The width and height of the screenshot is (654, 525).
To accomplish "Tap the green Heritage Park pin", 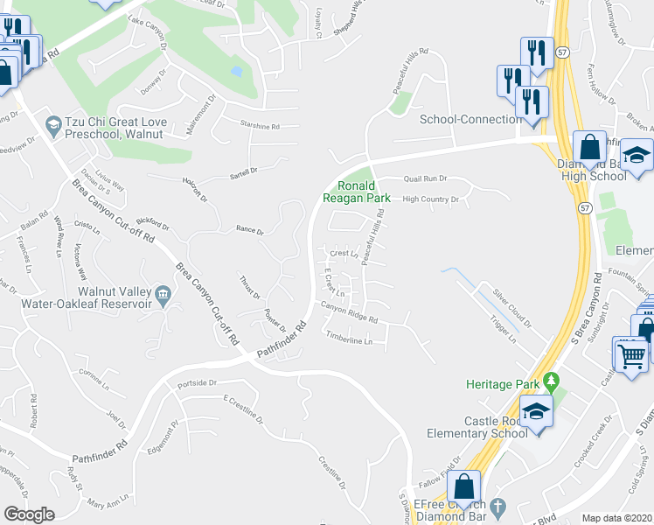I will pyautogui.click(x=550, y=381).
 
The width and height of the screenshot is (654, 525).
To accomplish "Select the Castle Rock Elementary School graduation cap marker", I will pyautogui.click(x=535, y=411).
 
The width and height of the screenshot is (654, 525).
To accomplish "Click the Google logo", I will pyautogui.click(x=29, y=514).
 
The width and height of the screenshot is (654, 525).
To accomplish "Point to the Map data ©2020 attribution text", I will pyautogui.click(x=616, y=518).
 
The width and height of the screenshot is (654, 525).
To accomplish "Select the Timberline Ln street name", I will pyautogui.click(x=350, y=336).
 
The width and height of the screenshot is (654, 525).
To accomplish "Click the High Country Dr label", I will pyautogui.click(x=430, y=199).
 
